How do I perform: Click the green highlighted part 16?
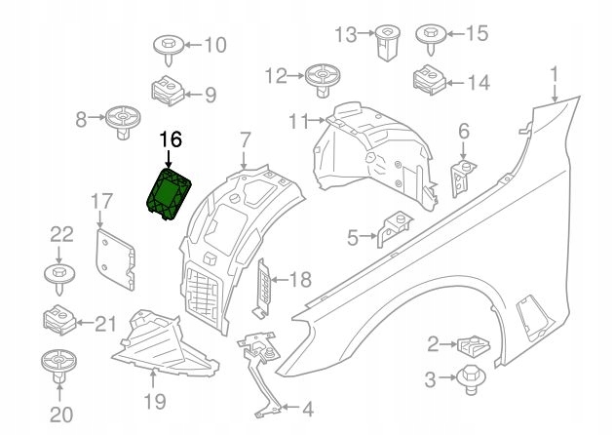click(x=169, y=193)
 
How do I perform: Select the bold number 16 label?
click(x=171, y=138)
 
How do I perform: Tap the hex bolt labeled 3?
click(x=472, y=379)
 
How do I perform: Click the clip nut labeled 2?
click(x=474, y=347)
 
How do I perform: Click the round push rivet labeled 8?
click(x=123, y=121)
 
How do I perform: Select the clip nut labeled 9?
click(x=168, y=91)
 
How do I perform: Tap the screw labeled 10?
click(x=169, y=50)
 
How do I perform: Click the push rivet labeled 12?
click(x=323, y=80)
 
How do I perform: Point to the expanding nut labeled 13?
click(x=387, y=42)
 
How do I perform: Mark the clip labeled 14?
click(x=429, y=80)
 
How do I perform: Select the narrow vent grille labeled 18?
click(x=264, y=287)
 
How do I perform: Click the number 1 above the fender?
click(x=554, y=75)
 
